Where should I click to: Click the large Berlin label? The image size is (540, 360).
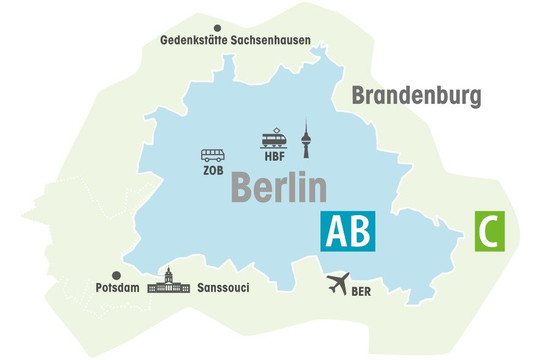280,187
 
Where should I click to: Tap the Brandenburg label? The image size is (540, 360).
417,97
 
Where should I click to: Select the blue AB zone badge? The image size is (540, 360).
347,231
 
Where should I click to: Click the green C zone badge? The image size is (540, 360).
489,231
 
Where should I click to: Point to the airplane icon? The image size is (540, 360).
341,285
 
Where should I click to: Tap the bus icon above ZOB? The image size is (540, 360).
213,156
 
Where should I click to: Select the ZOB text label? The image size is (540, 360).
213,170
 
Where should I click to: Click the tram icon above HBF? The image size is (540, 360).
273,140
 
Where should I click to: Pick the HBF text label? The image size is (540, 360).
275,157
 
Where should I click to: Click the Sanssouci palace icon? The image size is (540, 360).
168,282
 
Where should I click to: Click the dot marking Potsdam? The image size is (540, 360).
116,273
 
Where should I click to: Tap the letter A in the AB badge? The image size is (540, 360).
334,231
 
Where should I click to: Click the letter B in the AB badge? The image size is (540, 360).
359,231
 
